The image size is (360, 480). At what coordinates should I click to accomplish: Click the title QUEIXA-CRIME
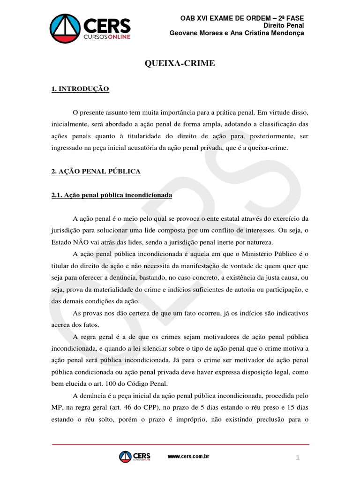(180, 63)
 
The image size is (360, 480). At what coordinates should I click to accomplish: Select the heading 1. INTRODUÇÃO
(80, 89)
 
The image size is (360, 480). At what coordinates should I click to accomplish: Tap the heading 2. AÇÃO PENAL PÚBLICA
(96, 172)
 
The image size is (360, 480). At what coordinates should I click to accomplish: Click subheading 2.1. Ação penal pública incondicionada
(112, 195)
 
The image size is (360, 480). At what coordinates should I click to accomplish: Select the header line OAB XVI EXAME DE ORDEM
(242, 17)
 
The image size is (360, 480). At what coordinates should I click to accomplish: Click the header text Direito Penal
(284, 25)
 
